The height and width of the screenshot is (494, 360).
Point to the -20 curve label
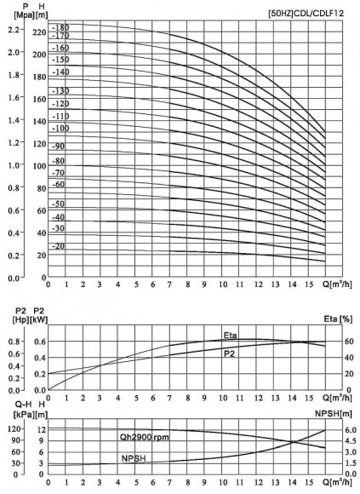(60, 246)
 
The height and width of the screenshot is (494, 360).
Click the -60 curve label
(59, 184)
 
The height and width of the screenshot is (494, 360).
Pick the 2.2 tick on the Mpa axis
(14, 30)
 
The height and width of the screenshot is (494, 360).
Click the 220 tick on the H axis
(38, 32)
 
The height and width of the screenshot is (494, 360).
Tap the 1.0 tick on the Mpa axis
(14, 165)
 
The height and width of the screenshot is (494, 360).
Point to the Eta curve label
(231, 335)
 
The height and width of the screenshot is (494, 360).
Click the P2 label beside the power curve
(230, 352)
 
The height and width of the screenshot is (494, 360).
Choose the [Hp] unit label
(15, 319)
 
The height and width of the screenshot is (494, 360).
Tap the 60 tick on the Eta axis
(338, 342)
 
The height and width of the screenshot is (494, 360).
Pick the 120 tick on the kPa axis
(14, 428)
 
